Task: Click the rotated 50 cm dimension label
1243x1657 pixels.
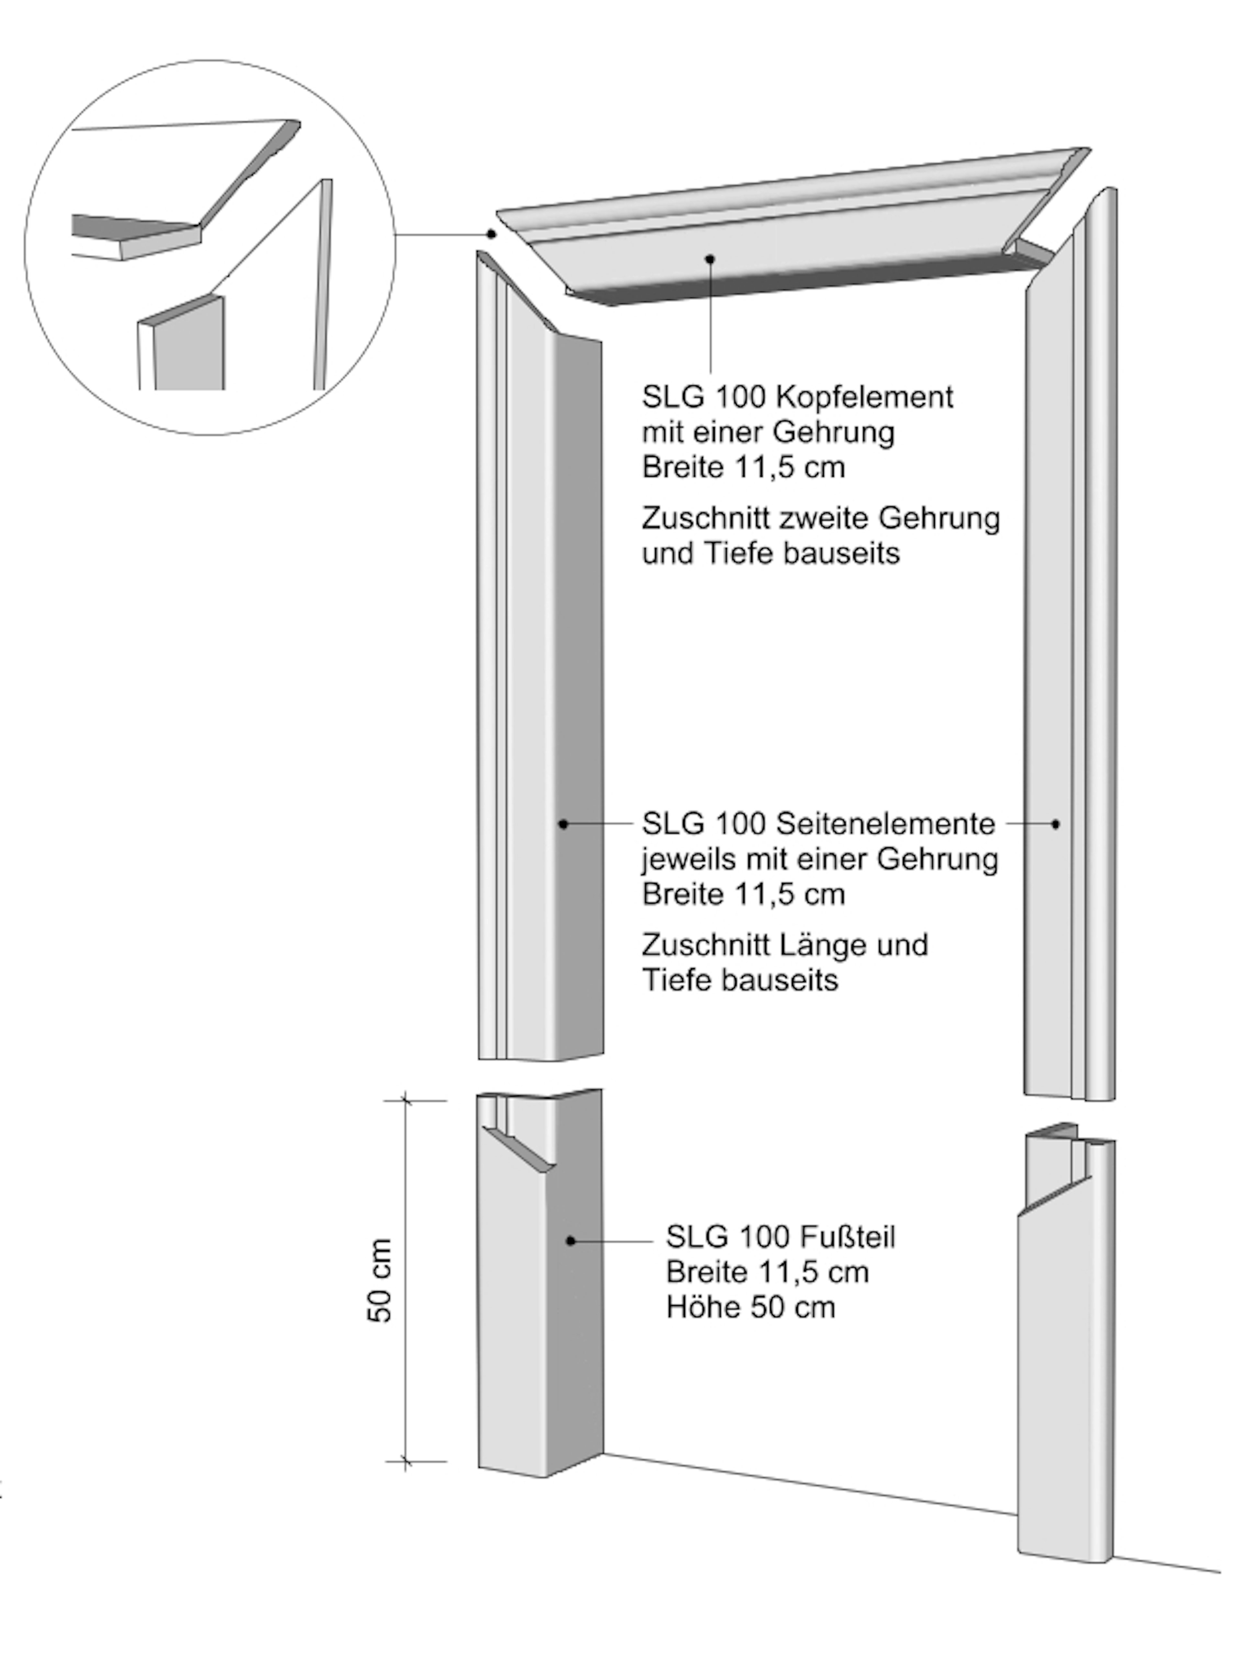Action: (x=381, y=1281)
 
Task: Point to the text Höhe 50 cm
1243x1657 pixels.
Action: (x=750, y=1307)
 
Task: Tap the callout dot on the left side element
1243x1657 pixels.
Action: (x=564, y=824)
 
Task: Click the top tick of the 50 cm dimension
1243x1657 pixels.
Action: (x=405, y=1100)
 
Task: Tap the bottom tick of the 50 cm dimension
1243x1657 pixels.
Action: (x=405, y=1461)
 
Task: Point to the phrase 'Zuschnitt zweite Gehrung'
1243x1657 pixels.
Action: (x=821, y=518)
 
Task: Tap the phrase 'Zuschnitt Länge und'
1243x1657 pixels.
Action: (x=784, y=945)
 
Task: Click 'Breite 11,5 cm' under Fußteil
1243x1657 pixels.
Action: (x=767, y=1272)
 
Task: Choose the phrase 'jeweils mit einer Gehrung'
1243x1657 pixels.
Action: (x=820, y=859)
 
